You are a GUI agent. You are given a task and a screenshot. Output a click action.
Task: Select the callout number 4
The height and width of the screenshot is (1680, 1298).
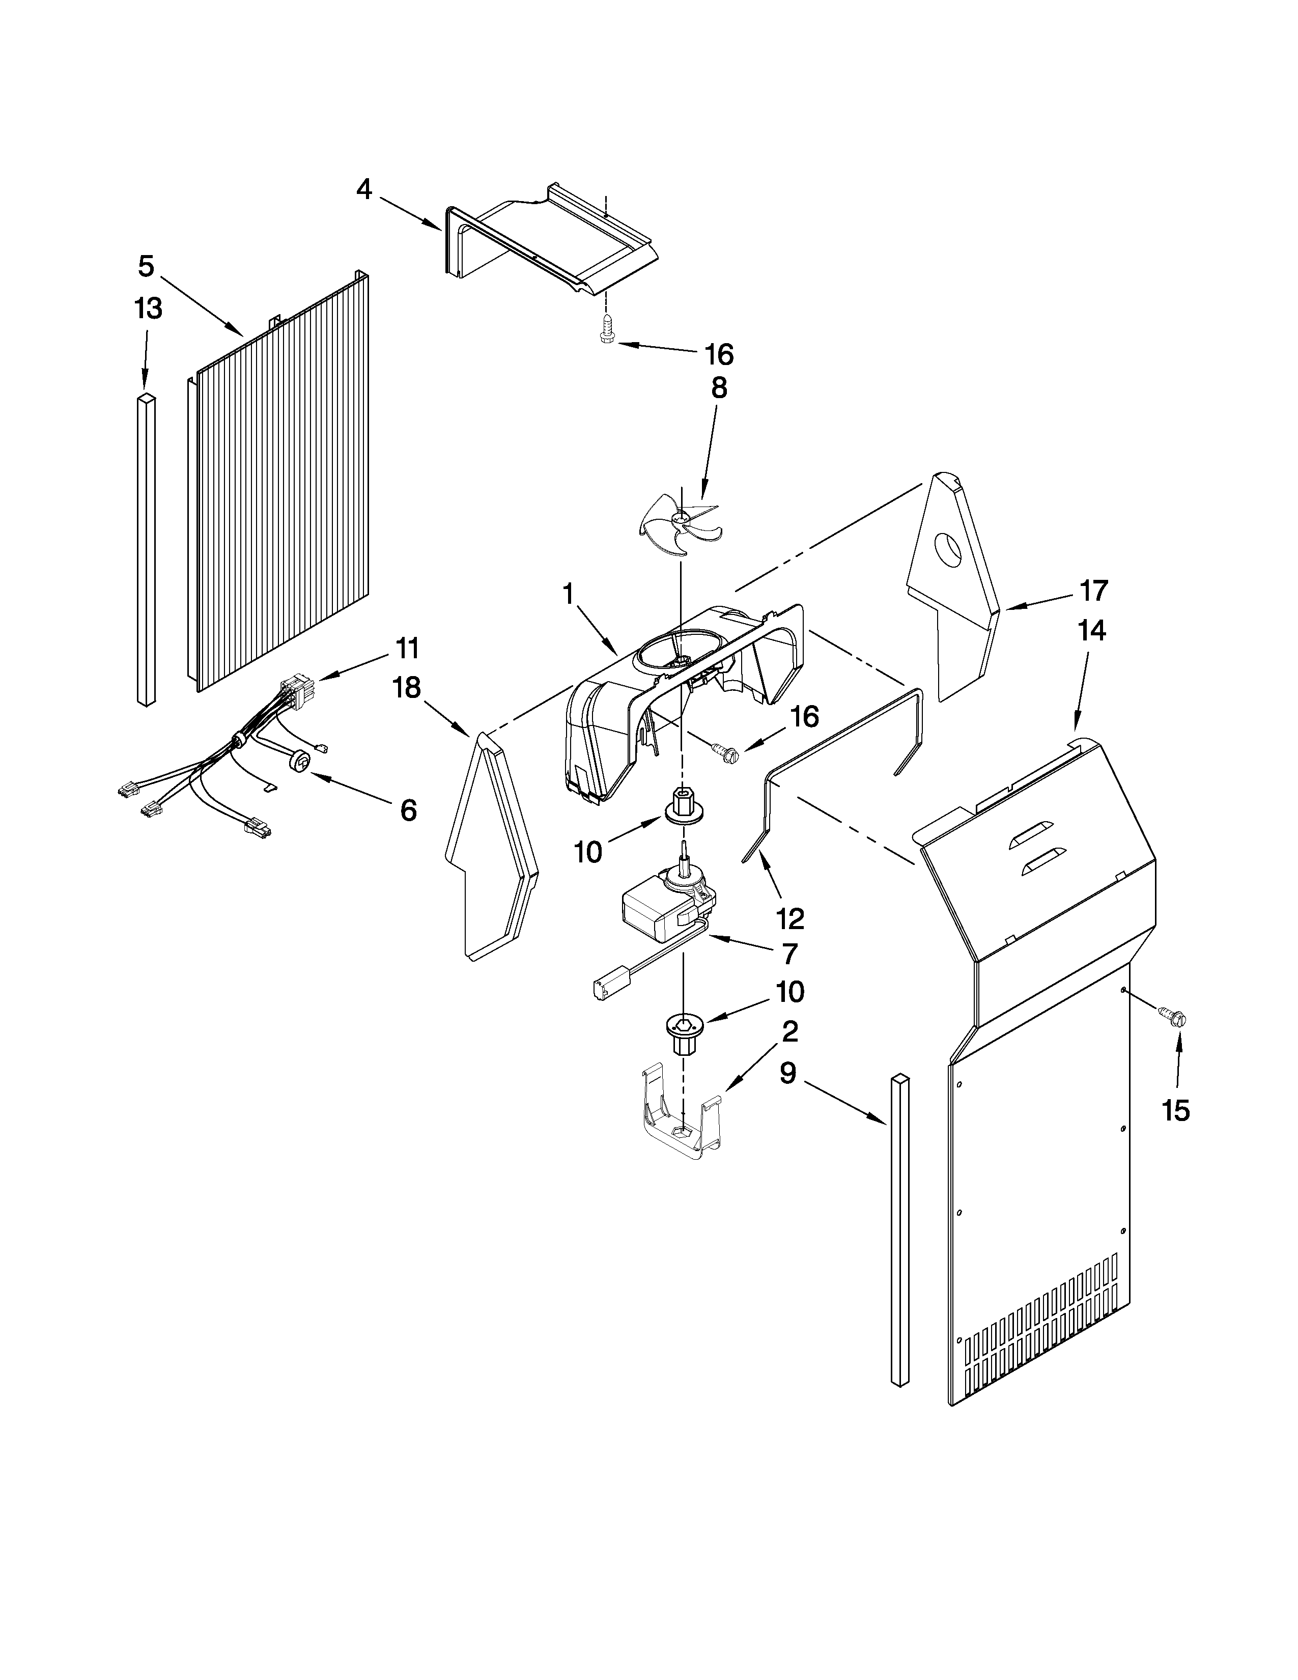coord(364,189)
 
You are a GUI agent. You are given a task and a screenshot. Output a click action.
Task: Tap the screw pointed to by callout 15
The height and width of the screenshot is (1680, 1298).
coord(1174,1019)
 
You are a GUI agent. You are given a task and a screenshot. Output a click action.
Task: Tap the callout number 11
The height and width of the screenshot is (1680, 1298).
coord(408,649)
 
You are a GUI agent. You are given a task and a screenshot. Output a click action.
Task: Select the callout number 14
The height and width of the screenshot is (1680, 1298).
coord(1091,631)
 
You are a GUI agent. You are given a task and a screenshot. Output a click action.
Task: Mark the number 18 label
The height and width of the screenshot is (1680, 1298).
coord(407,688)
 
